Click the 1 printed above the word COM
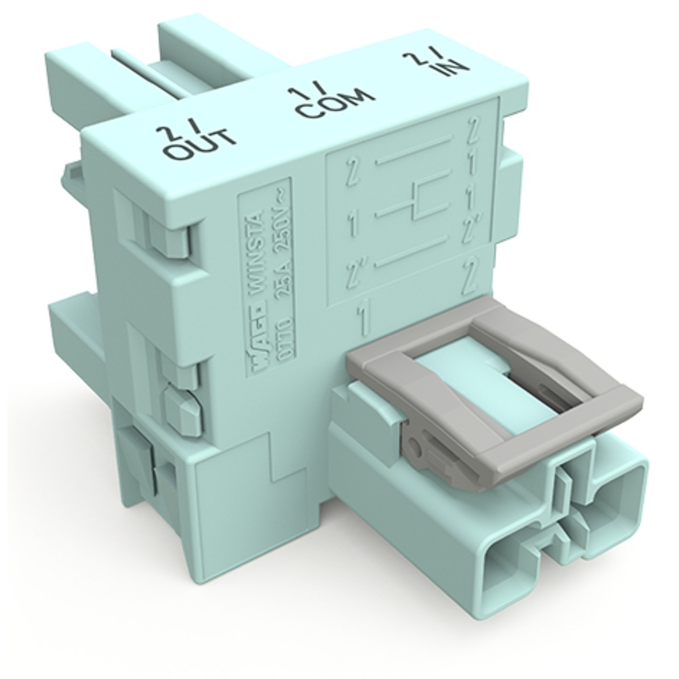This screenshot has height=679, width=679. pyautogui.click(x=300, y=93)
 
